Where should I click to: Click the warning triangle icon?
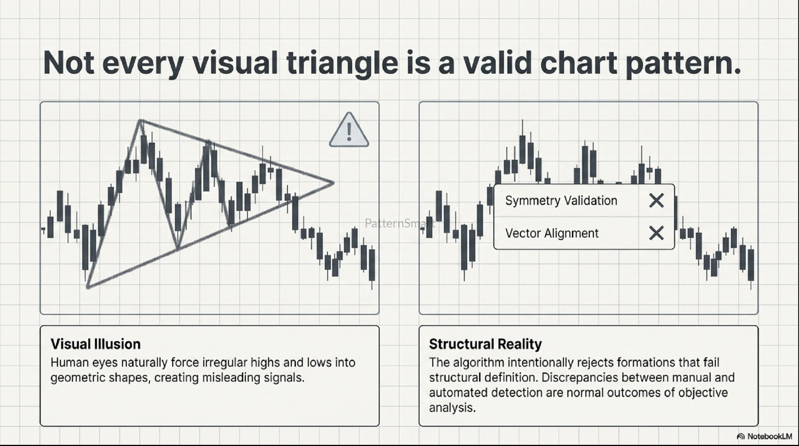click(349, 130)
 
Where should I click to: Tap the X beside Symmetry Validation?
click(656, 201)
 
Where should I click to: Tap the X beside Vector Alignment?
click(656, 233)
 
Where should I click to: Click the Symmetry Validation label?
click(561, 201)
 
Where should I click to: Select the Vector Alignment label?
click(552, 233)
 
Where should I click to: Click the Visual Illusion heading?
click(95, 344)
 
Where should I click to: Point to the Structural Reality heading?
click(485, 344)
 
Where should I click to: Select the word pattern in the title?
click(683, 63)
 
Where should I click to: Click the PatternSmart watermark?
click(400, 223)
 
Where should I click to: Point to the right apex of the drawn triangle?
click(333, 183)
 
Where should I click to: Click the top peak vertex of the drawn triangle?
click(140, 120)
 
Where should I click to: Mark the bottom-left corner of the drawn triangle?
click(88, 287)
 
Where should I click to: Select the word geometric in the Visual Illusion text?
click(78, 378)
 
